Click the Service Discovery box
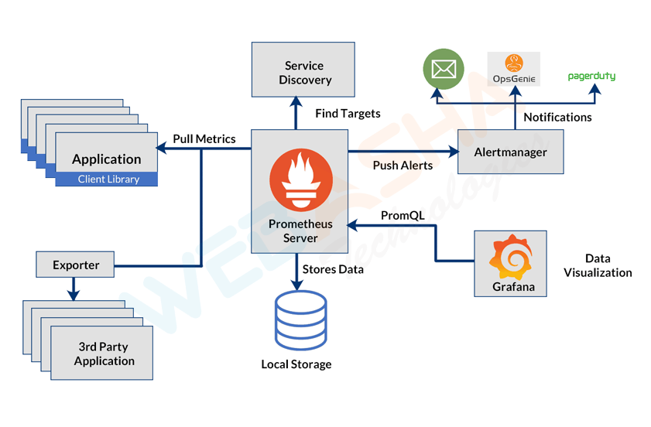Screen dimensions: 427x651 303,73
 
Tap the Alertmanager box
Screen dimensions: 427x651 511,152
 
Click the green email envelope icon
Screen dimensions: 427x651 443,69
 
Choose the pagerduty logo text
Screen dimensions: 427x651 591,77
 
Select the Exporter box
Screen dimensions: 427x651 76,265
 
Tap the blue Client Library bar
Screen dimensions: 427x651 108,179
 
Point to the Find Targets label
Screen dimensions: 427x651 348,114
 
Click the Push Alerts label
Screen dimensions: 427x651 403,165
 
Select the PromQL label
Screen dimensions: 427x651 403,215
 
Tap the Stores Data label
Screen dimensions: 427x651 333,269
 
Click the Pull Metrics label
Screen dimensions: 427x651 204,138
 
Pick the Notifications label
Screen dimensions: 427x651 557,117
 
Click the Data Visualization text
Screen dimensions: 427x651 598,265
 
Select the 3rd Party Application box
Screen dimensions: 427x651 104,354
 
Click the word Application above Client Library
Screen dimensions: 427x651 107,159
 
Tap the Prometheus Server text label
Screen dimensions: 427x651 300,231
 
